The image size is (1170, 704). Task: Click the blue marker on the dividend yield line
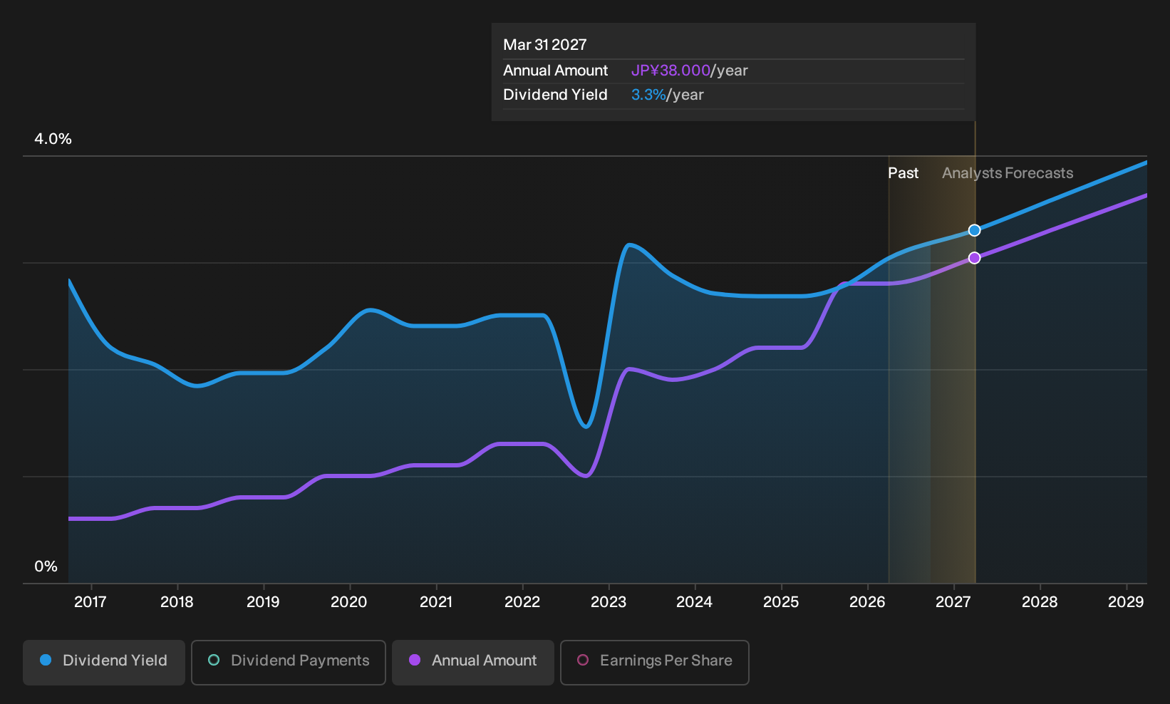coord(974,230)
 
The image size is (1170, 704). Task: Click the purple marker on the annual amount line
coord(974,258)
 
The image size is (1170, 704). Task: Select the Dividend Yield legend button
coord(104,662)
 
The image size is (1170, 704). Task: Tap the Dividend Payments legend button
coord(289,662)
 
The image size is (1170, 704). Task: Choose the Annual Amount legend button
coord(472,662)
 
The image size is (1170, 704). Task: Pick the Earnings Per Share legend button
coord(654,662)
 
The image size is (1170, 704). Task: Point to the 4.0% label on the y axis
coord(53,139)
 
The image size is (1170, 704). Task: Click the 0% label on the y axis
coord(46,566)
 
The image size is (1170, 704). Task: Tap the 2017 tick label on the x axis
coord(90,602)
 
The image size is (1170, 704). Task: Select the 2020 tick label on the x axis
coord(349,602)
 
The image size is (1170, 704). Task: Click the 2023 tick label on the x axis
coord(609,602)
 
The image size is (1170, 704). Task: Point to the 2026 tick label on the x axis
coord(867,602)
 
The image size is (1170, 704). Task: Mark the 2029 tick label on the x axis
coord(1126,602)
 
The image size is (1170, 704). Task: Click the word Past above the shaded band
coord(903,173)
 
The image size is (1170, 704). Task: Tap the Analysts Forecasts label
coord(1008,173)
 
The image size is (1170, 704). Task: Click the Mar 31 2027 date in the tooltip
coord(545,45)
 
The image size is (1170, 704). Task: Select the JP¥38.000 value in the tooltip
coord(671,71)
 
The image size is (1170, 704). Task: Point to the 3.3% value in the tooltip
coord(648,95)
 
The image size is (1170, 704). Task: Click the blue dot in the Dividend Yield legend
coord(46,660)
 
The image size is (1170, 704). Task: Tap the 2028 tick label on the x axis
coord(1040,602)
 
